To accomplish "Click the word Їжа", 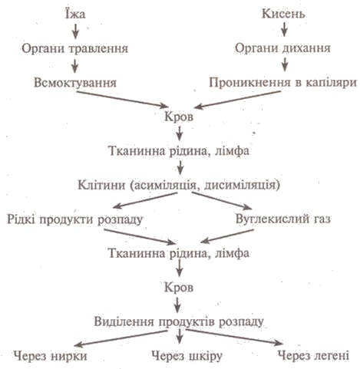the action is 75,13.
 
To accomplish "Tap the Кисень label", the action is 283,13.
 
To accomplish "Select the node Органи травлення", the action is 74,48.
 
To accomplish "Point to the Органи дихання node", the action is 282,48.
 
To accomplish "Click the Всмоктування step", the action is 75,83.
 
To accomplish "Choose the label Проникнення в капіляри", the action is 282,83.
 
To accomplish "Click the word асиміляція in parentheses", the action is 163,185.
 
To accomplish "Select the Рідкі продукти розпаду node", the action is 74,219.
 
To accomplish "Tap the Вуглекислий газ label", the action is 283,219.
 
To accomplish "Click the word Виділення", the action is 124,321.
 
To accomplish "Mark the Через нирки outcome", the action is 50,356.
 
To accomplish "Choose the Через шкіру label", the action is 187,356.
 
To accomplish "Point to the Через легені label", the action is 313,355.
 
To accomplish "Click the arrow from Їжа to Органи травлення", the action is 75,31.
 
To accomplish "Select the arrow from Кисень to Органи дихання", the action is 284,29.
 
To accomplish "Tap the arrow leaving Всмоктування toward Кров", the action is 122,99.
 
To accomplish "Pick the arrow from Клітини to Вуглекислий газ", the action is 222,201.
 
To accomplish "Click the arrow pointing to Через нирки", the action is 122,338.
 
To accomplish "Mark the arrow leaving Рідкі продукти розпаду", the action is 140,236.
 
